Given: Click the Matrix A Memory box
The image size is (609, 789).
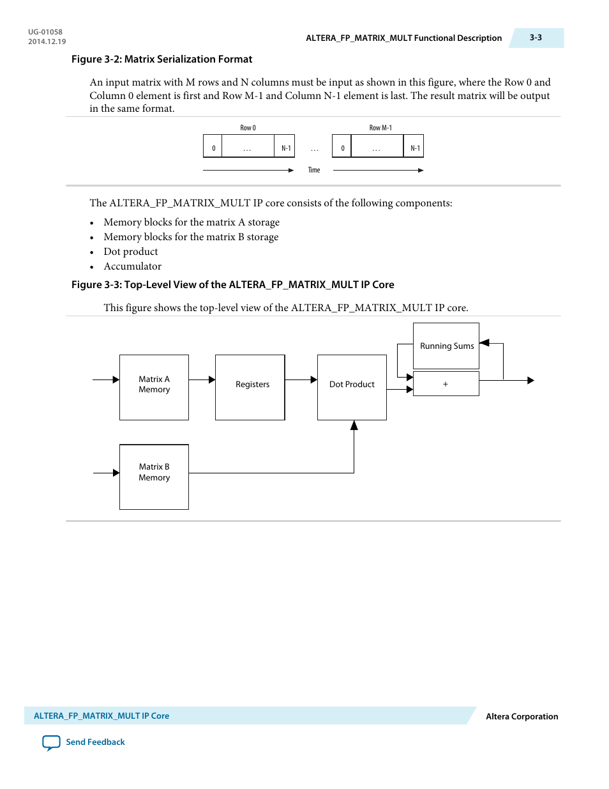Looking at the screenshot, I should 154,387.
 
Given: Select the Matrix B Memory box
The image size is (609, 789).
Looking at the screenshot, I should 154,477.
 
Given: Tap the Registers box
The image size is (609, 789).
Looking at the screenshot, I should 250,387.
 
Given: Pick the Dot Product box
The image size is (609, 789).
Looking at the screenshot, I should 352,387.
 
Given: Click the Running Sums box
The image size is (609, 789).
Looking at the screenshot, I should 446,346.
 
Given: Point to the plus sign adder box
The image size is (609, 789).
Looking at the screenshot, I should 446,384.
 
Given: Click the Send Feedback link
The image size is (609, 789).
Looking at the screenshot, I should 95,742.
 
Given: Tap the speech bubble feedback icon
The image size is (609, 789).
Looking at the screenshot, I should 51,742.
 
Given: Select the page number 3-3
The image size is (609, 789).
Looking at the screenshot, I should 536,38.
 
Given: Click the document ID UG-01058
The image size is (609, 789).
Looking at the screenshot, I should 45,32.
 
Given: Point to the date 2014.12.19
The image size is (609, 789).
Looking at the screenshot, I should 47,42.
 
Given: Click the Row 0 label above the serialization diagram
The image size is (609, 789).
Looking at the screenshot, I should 248,128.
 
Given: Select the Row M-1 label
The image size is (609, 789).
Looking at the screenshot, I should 380,128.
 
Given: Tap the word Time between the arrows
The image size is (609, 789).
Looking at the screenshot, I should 314,170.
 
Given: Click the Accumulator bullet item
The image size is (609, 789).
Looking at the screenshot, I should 132,266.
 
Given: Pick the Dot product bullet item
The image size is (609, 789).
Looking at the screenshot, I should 131,252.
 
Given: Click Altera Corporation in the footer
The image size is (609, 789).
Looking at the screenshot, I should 522,716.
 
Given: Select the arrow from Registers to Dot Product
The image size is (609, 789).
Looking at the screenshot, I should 301,379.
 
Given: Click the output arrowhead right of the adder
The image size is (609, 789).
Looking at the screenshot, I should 530,380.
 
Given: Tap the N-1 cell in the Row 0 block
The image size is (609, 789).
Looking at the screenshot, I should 286,148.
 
